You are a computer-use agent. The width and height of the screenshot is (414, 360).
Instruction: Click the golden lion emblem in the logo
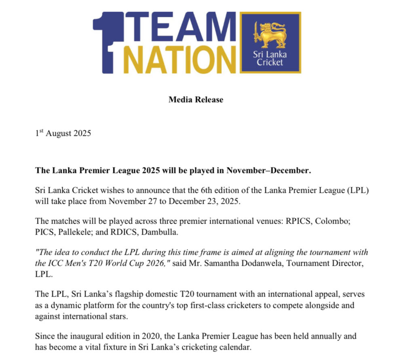270,35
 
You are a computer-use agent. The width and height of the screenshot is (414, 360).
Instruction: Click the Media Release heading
196,99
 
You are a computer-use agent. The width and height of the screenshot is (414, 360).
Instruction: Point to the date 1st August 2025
63,133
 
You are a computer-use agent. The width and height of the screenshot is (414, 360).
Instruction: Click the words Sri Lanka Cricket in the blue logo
270,59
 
